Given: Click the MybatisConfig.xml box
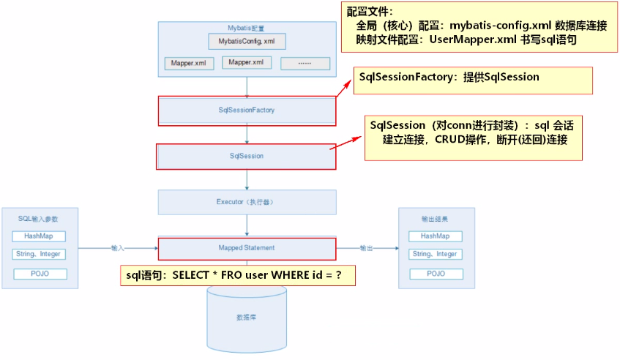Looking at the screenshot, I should click(247, 41).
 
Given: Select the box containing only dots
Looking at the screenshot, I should click(305, 64).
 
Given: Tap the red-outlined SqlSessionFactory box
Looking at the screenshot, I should click(247, 110).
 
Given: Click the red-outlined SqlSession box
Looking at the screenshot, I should click(247, 156).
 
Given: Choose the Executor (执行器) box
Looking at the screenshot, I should click(247, 201).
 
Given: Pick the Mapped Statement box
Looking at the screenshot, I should click(247, 248).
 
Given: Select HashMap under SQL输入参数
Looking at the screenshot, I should click(39, 236).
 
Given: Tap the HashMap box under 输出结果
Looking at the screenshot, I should click(435, 236).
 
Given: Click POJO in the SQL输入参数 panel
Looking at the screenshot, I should click(39, 274).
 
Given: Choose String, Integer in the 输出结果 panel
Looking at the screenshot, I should click(435, 255).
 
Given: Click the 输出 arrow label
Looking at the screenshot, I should click(367, 248).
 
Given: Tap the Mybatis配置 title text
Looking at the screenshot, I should click(247, 27).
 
